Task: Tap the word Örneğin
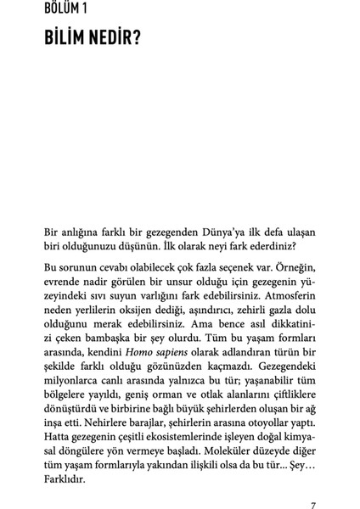tap(295, 267)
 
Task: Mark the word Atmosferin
tap(283, 298)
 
